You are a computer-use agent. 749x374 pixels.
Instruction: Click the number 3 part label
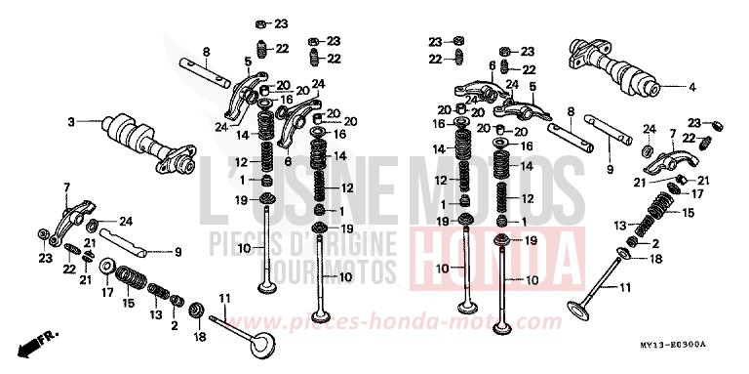[71, 122]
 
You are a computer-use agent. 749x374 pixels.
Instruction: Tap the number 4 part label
[691, 87]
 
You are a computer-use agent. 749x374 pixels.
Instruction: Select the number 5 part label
[248, 61]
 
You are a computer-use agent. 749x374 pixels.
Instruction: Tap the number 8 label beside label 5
[207, 51]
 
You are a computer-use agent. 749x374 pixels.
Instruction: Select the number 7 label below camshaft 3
[66, 186]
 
